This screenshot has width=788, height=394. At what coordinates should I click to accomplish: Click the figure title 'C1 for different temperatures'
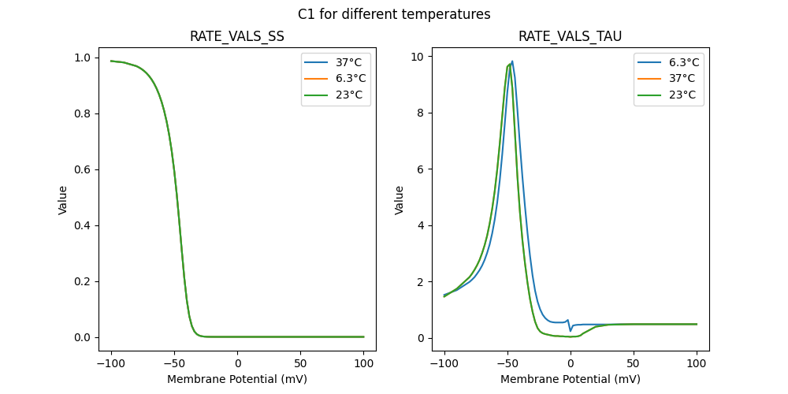pyautogui.click(x=394, y=14)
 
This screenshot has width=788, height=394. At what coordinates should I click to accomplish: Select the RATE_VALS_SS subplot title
pyautogui.click(x=237, y=37)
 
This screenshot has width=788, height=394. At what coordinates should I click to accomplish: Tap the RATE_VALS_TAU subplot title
pyautogui.click(x=570, y=37)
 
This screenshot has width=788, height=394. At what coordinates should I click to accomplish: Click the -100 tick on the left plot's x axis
pyautogui.click(x=111, y=363)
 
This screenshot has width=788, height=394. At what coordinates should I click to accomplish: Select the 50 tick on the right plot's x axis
pyautogui.click(x=633, y=363)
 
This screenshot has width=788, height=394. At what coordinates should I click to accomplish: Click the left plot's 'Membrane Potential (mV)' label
pyautogui.click(x=237, y=379)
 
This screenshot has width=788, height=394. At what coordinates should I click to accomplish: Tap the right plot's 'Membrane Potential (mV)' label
pyautogui.click(x=570, y=379)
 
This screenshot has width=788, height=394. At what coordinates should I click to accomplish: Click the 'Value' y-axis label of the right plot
pyautogui.click(x=400, y=200)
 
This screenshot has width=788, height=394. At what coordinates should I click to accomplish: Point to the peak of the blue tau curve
pyautogui.click(x=512, y=61)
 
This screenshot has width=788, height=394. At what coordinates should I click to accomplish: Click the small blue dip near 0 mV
pyautogui.click(x=571, y=329)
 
